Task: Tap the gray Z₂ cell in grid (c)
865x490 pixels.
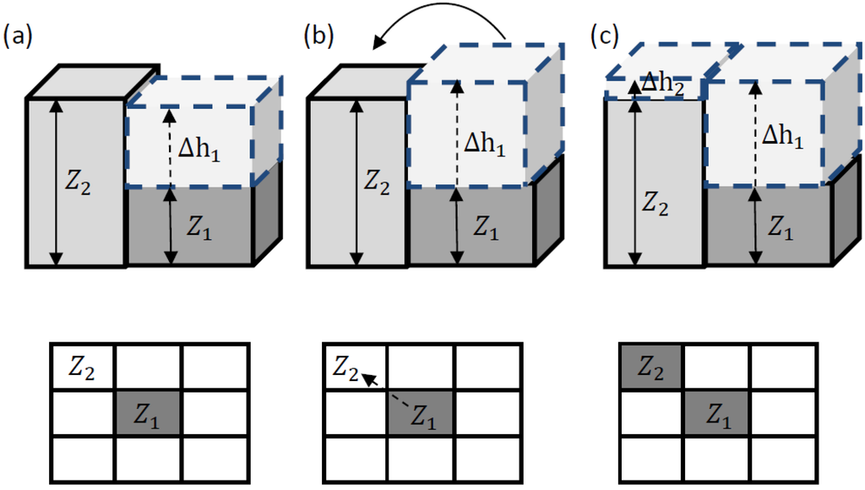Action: (650, 367)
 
